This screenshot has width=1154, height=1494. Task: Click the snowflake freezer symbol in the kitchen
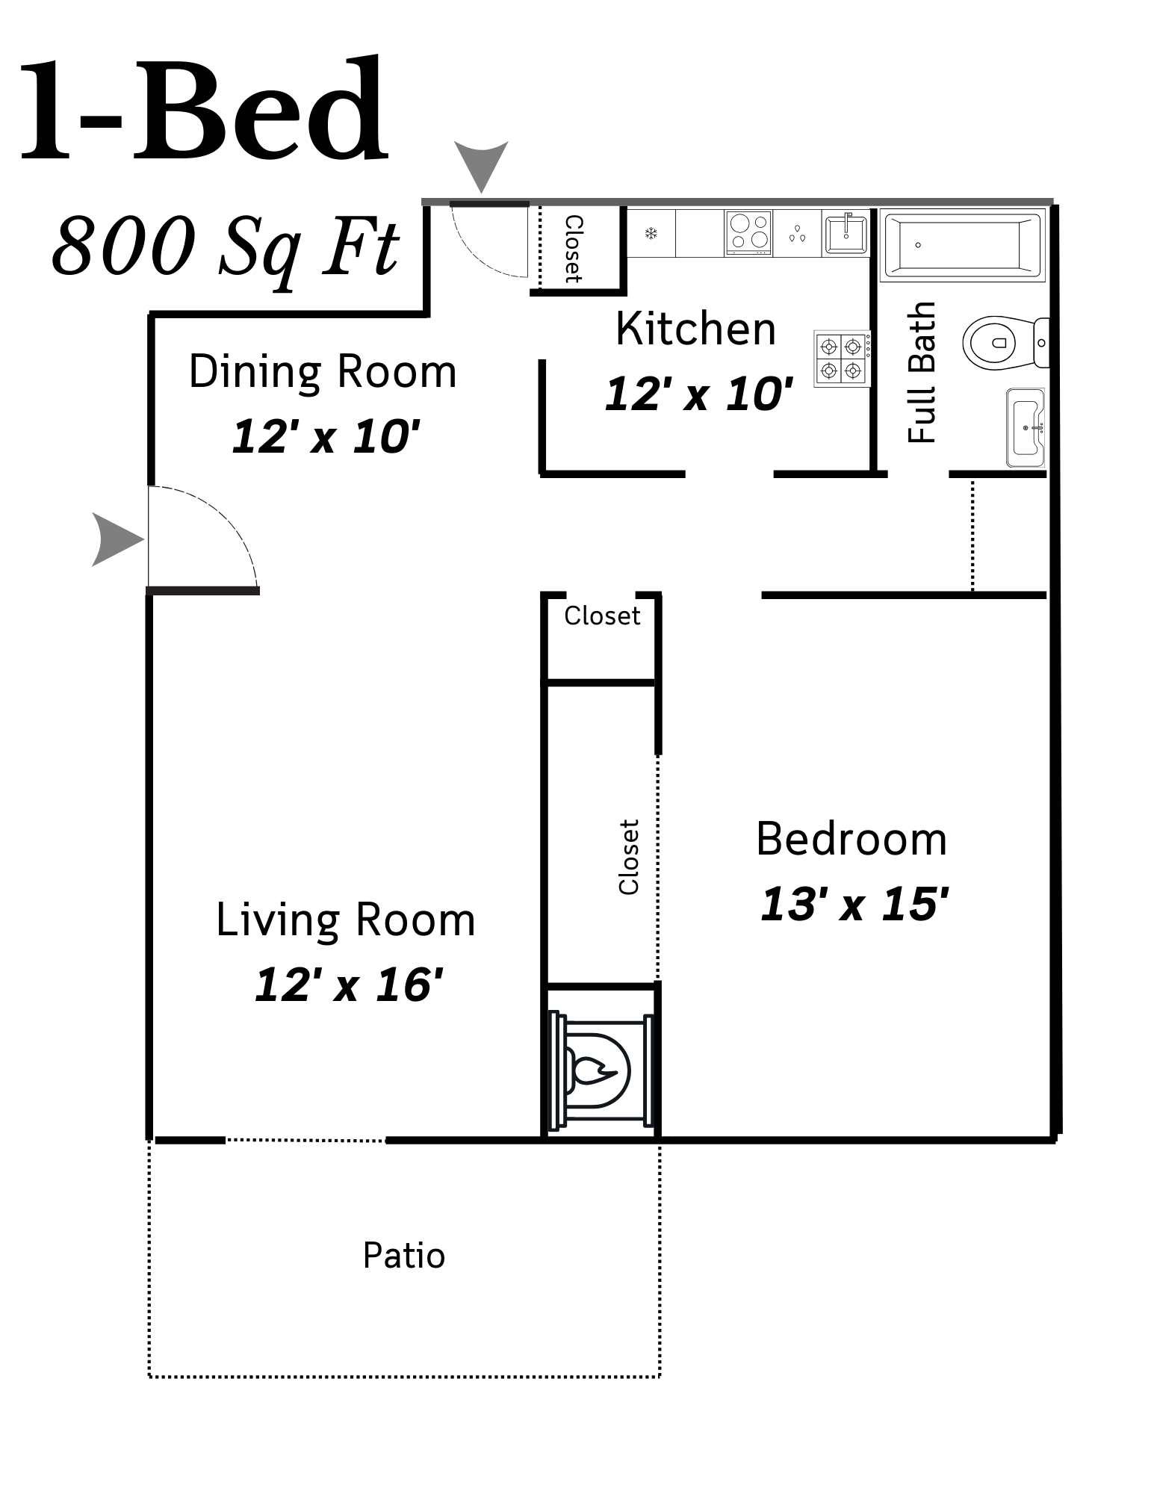tap(651, 234)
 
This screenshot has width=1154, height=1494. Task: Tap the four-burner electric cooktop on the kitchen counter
tap(748, 232)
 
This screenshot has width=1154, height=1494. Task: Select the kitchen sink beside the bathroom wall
tap(846, 234)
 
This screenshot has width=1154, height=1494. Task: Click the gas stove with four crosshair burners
tap(842, 359)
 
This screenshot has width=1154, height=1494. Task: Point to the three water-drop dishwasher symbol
tap(798, 234)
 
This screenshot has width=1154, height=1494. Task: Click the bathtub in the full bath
tap(962, 244)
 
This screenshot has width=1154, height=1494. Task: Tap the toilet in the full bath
tap(1001, 344)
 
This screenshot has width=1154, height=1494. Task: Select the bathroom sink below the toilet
tap(1026, 427)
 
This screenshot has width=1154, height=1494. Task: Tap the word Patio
tap(404, 1256)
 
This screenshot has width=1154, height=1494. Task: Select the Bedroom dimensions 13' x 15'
tap(854, 905)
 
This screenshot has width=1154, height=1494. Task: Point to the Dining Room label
tap(322, 371)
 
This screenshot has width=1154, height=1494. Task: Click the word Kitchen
tap(695, 329)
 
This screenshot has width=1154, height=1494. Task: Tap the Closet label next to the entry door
tap(573, 249)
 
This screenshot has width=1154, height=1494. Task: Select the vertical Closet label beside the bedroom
tap(629, 857)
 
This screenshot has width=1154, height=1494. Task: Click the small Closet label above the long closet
tap(602, 616)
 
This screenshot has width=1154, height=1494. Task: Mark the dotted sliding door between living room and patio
tap(305, 1140)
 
